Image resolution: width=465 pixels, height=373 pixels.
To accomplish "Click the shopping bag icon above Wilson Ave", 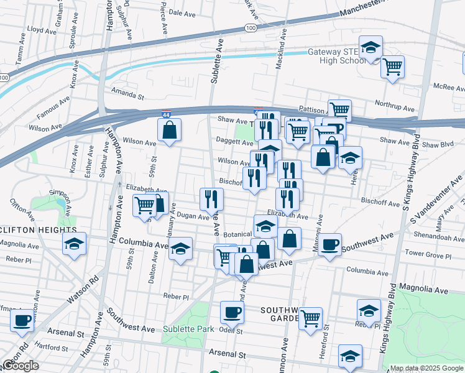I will tap(169, 131).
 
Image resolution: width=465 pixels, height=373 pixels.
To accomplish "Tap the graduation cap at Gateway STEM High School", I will tap(371, 48).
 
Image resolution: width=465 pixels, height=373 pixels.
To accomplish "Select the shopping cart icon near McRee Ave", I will tap(392, 67).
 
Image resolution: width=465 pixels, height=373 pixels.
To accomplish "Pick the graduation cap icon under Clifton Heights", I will tap(75, 245).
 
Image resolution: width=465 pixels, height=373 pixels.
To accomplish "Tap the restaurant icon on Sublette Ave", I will tap(211, 199).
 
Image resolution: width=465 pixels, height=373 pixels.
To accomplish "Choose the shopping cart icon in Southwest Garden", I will tap(310, 319).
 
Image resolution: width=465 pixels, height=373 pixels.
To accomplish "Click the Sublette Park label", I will tap(188, 329).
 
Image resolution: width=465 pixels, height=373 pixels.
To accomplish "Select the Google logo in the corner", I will tap(21, 366).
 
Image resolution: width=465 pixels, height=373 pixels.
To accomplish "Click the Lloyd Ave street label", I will tap(42, 29).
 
